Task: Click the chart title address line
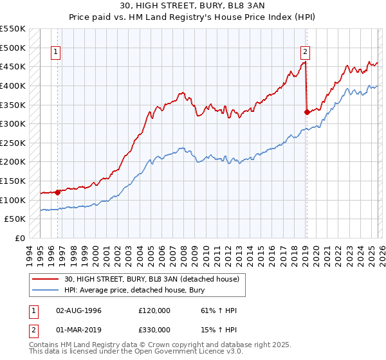(192, 6)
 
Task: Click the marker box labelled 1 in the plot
(56, 53)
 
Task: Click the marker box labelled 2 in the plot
(304, 53)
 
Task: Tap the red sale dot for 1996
(58, 192)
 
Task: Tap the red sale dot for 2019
(307, 112)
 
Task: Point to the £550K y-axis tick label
(13, 29)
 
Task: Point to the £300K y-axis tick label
(13, 124)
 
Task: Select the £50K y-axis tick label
(15, 219)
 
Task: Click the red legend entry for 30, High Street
(151, 278)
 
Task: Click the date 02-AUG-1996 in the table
(78, 310)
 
